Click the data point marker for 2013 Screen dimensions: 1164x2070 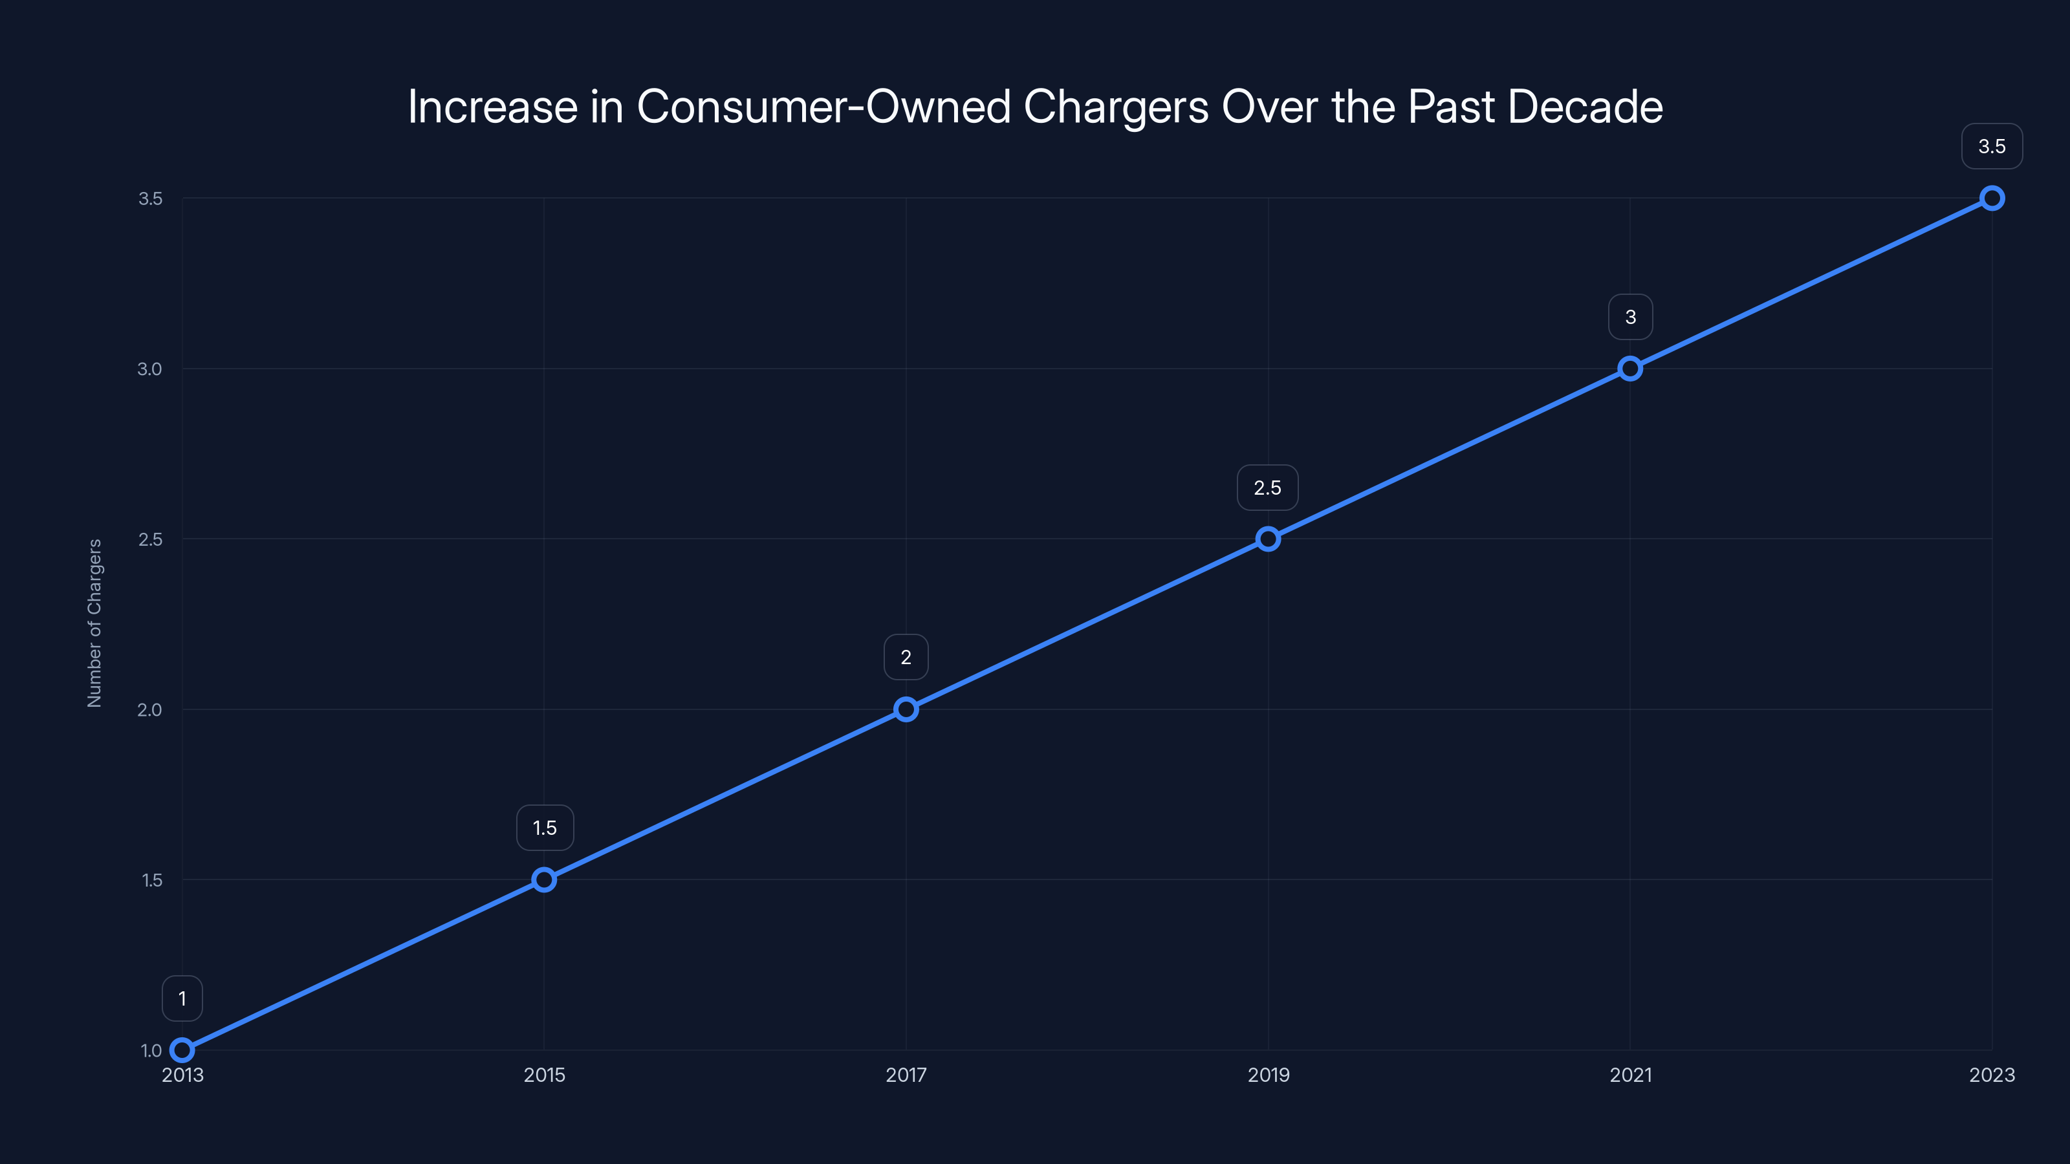[182, 1050]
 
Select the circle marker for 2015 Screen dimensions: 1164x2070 [544, 879]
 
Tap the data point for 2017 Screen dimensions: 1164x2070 [906, 709]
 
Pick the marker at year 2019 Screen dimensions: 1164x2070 [1268, 539]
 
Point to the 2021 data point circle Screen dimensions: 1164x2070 [1630, 369]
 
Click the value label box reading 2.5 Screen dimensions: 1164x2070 [1267, 488]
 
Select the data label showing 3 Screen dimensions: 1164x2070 [1630, 318]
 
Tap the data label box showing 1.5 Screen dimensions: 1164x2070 [545, 828]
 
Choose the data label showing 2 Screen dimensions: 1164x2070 [906, 658]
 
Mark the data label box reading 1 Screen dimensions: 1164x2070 [182, 998]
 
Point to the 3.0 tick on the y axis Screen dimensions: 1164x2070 [149, 369]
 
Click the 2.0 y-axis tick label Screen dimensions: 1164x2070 [149, 709]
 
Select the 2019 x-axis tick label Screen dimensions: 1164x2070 [1268, 1075]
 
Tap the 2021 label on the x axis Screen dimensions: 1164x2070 [1630, 1075]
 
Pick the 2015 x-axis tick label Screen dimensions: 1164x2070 [544, 1075]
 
